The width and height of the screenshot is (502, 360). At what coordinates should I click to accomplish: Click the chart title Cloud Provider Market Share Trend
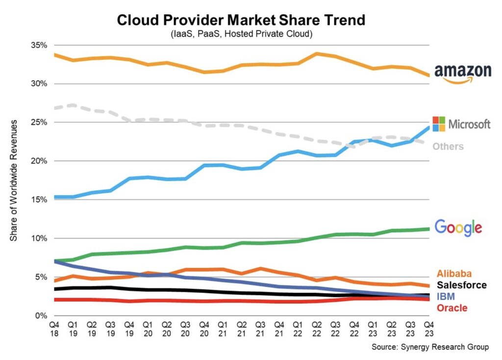241,20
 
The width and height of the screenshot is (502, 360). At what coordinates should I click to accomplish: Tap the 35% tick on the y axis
37,45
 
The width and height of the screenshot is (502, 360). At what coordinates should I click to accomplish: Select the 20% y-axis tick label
37,161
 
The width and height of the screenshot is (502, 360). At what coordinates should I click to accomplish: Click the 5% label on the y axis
39,277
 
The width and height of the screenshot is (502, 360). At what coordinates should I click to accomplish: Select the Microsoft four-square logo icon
439,124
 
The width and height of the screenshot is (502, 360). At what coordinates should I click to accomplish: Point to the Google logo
458,228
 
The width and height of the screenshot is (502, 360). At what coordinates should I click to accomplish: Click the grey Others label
448,146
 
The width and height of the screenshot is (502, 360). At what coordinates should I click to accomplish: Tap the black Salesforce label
461,285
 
